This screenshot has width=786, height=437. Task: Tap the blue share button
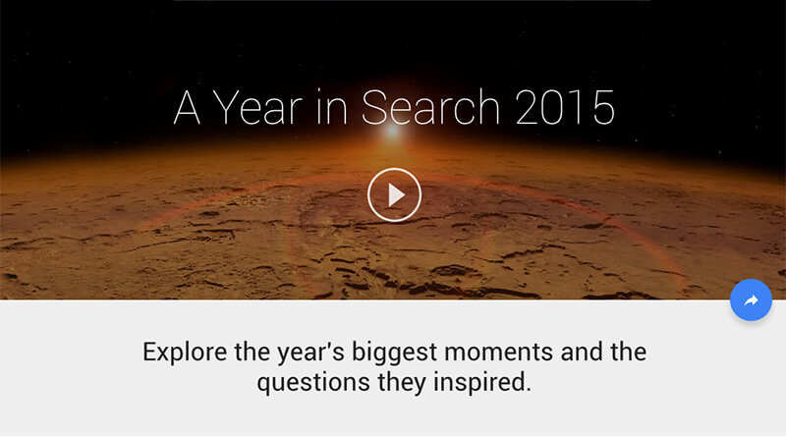coord(751,300)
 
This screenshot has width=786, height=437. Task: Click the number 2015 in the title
coord(564,107)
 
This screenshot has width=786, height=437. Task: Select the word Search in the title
coord(430,107)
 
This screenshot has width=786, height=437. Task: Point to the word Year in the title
coord(258,107)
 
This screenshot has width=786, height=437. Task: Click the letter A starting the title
coord(187,107)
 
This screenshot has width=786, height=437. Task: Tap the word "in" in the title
coord(332,107)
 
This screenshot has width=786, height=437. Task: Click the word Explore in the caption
coord(185,352)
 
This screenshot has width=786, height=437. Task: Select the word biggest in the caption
coord(395,353)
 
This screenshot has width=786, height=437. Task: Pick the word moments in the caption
coord(499,352)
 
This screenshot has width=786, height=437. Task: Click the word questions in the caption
coord(313,383)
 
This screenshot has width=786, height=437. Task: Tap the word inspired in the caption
coord(481,383)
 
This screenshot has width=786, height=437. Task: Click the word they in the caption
coord(402,383)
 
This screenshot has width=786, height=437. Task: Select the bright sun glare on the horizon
coord(392,132)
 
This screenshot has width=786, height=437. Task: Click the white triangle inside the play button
coord(397,195)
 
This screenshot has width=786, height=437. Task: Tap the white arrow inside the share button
coord(751,300)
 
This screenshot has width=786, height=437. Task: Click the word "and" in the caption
coord(582,352)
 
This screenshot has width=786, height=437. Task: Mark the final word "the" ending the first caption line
coord(628,352)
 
